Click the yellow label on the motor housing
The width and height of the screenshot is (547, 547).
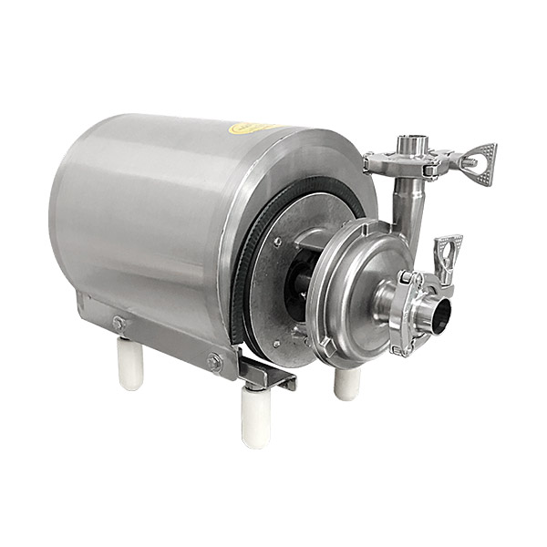[253, 129]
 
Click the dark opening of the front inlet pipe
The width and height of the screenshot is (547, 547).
[440, 315]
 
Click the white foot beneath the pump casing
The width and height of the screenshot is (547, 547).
[346, 383]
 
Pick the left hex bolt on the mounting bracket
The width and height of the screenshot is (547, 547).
[119, 323]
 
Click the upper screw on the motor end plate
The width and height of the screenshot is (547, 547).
[276, 242]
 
